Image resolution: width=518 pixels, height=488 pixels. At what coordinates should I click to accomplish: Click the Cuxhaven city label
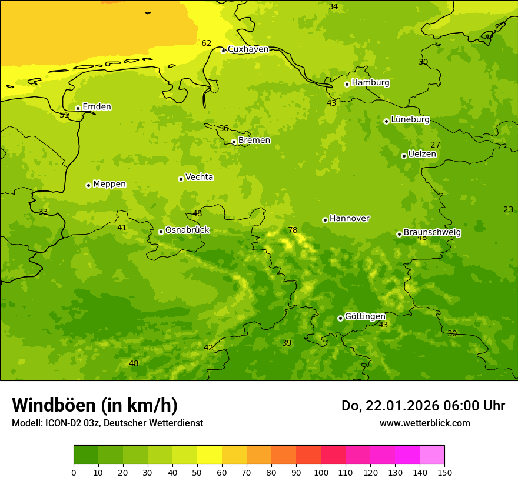coord(248,49)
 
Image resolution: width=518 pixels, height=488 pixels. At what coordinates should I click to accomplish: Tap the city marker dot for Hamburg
coord(347,84)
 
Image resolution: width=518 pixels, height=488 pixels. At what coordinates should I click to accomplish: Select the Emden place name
coord(97,107)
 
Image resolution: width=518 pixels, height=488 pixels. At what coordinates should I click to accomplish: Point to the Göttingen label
coord(365,316)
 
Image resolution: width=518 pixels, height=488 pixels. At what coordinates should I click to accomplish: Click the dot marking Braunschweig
coord(399,234)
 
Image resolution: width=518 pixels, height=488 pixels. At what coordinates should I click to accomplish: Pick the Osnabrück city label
coord(187,230)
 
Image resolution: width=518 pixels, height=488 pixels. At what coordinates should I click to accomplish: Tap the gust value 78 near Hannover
coord(293,230)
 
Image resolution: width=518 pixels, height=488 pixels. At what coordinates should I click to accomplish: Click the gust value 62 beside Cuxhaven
coord(206,44)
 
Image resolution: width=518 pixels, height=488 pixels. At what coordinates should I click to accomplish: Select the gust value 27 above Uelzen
coord(435,145)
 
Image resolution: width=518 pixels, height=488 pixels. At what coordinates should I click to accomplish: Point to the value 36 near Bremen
coord(224,129)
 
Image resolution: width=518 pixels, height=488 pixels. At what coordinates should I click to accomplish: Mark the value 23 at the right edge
coord(508,210)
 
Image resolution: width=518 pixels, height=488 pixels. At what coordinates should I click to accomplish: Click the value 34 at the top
coord(333,7)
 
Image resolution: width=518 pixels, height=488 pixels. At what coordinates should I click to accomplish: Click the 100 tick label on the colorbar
coord(321,472)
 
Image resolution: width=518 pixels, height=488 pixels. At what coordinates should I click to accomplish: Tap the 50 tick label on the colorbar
coord(197,472)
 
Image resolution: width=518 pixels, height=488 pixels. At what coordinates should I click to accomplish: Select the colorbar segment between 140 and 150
coord(432,455)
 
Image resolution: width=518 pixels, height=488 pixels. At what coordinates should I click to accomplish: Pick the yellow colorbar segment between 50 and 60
coord(210,455)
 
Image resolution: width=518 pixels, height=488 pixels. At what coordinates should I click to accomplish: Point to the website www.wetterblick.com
coord(424,423)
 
